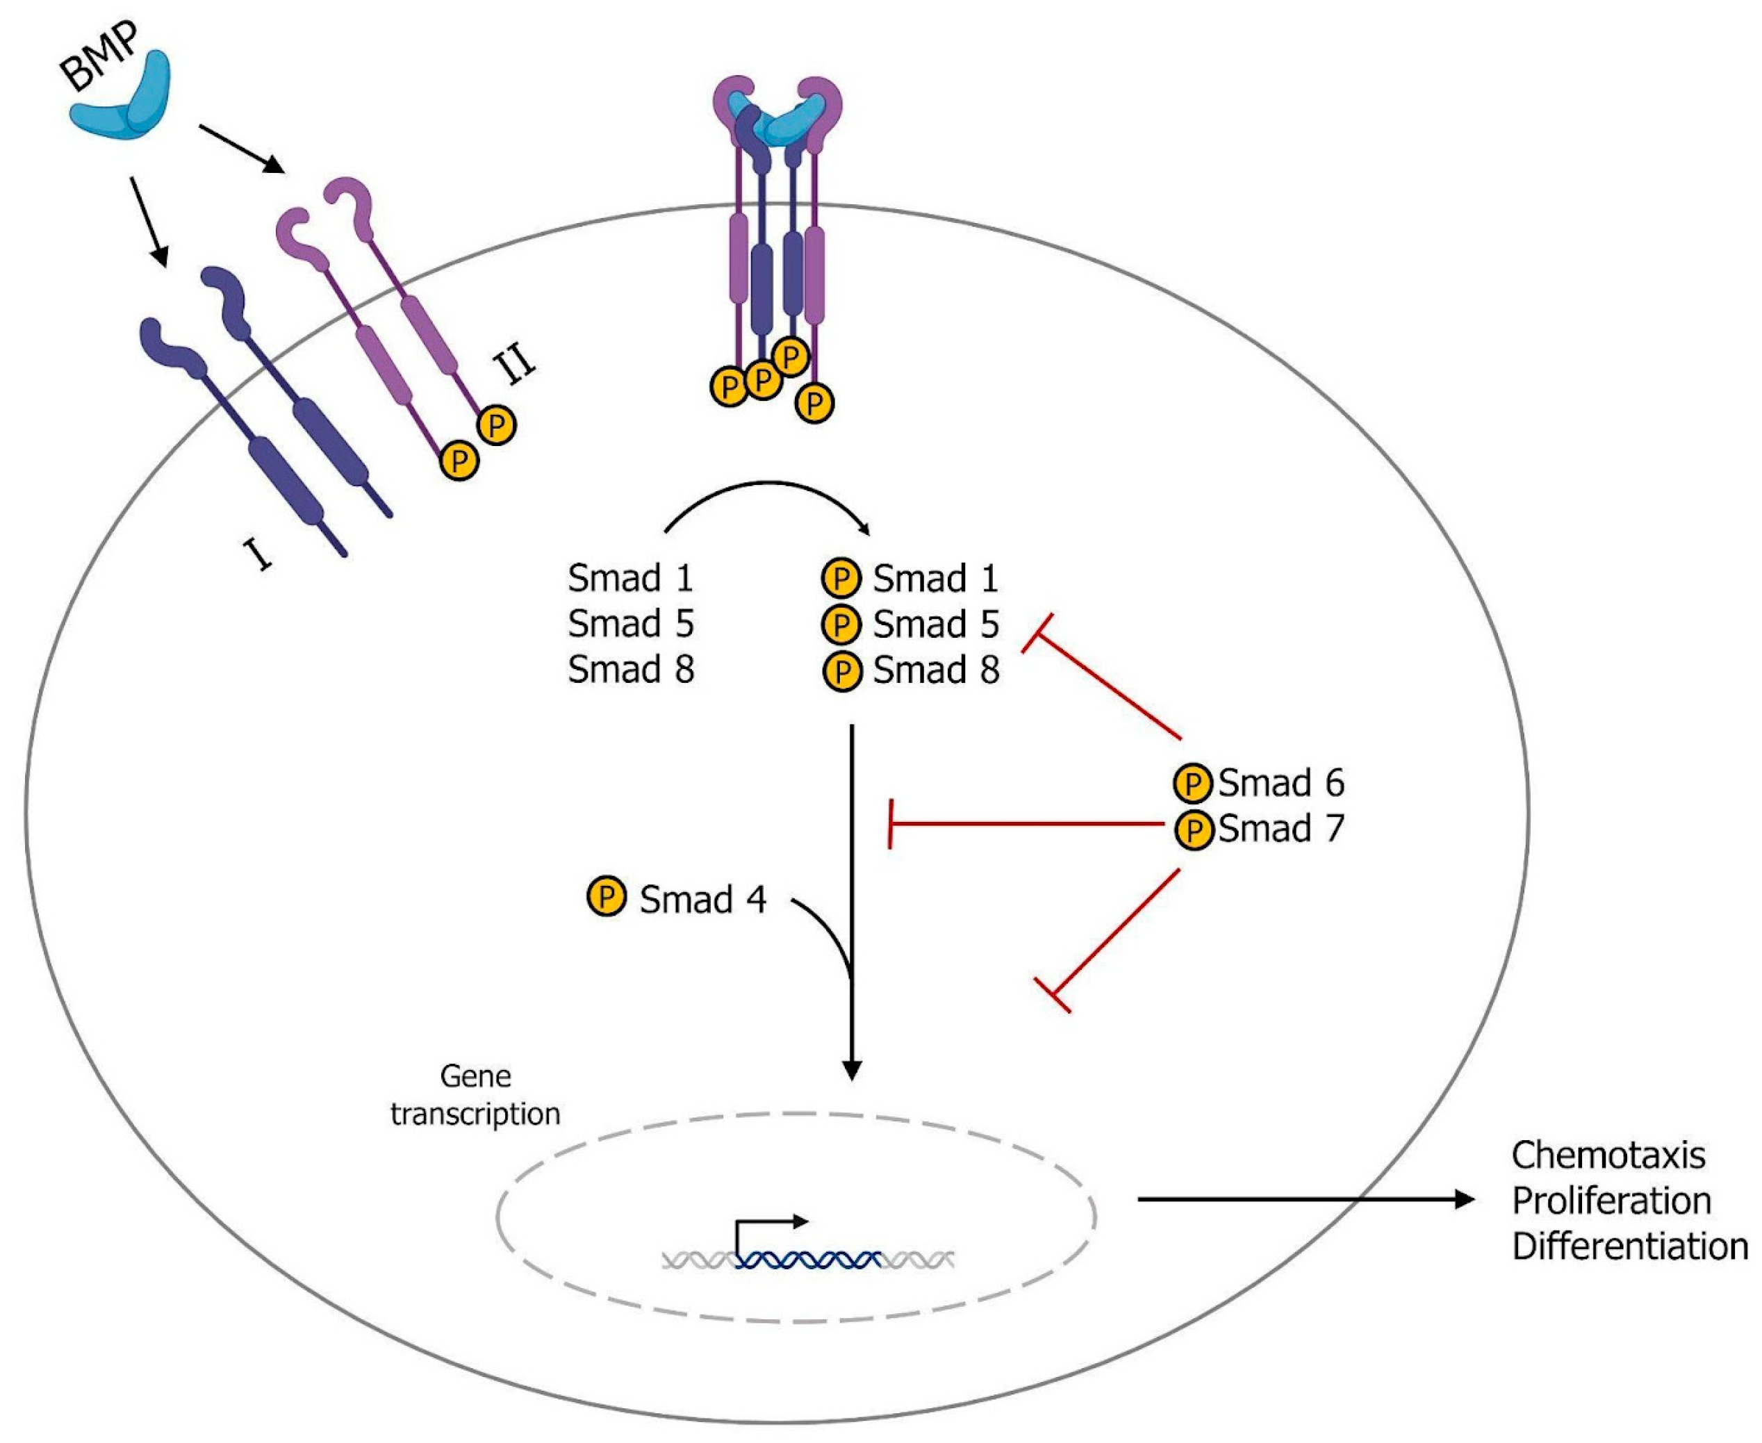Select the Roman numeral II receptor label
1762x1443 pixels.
point(514,365)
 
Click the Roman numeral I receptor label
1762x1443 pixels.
point(258,553)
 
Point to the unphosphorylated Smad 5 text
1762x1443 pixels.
point(630,623)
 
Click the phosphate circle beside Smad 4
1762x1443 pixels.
point(606,896)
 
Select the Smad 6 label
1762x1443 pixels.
point(1281,782)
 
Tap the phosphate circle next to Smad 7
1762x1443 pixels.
point(1194,829)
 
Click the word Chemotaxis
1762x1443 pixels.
point(1608,1155)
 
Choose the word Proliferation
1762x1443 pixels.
point(1611,1201)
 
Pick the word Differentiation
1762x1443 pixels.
point(1629,1246)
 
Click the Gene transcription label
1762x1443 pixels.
point(475,1095)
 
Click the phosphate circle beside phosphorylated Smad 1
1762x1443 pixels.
point(841,579)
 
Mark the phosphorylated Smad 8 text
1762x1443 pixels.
point(935,670)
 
